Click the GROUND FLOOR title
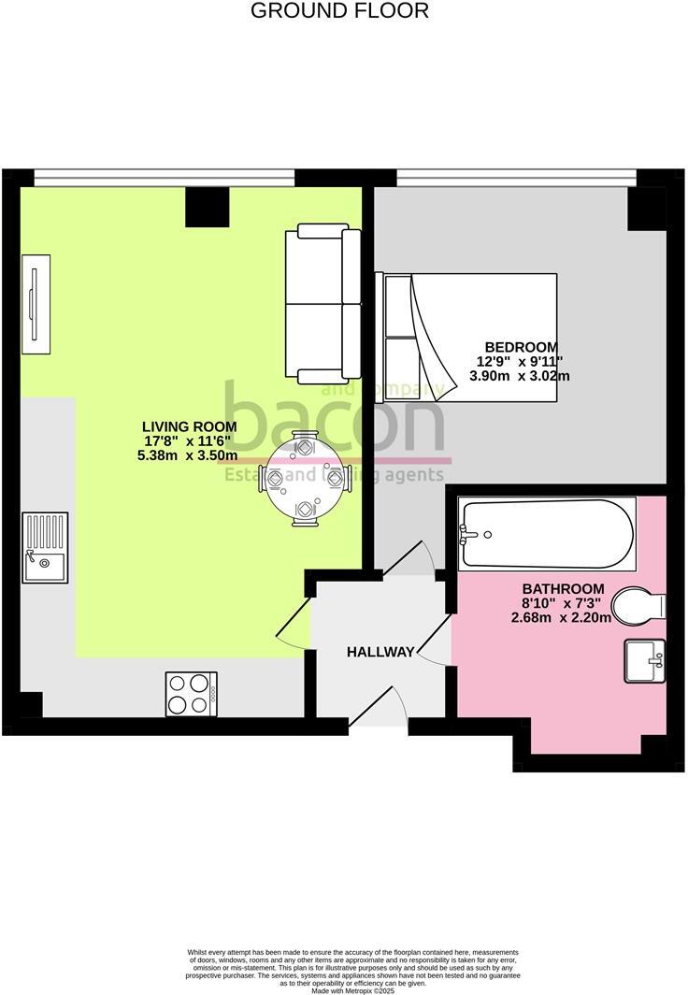click(340, 12)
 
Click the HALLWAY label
click(380, 652)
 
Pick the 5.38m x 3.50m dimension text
click(187, 455)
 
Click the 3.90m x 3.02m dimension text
click(520, 376)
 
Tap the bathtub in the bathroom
click(546, 534)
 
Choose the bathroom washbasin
click(644, 660)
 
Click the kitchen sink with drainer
click(45, 548)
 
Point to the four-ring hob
click(192, 695)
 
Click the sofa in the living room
click(323, 303)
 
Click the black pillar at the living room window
click(207, 207)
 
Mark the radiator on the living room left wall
click(33, 305)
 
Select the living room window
click(165, 177)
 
